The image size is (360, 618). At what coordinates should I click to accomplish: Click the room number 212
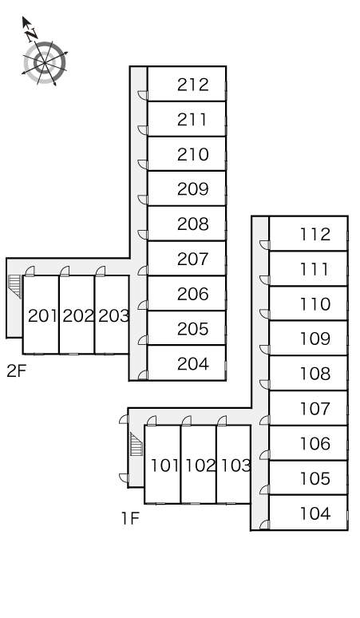pos(192,85)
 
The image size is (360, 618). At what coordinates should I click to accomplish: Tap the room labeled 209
pos(192,189)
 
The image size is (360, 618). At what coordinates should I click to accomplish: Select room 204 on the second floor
pos(192,364)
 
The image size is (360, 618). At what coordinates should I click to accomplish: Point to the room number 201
pos(43,315)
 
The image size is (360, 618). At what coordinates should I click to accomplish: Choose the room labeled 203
pos(113,315)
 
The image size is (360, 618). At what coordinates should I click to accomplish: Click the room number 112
pos(315,235)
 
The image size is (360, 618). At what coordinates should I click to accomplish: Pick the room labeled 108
pos(315,374)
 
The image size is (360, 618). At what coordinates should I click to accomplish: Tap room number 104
pos(315,513)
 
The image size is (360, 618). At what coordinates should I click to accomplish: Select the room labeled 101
pos(165,465)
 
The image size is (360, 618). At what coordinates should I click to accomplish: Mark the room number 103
pos(235,465)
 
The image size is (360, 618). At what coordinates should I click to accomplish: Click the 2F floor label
pos(16,370)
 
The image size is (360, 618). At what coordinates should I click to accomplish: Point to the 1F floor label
pos(130,519)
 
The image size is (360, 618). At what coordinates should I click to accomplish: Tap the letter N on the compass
pos(31,34)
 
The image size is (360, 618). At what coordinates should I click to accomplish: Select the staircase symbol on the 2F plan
pos(14,286)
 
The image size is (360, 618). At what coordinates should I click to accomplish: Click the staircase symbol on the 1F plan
pos(136,444)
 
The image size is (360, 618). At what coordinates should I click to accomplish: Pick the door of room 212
pos(143,96)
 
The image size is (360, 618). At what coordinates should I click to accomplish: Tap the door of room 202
pos(65,271)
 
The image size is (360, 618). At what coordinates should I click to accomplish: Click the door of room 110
pos(265,314)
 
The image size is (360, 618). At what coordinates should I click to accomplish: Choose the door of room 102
pos(187,421)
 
